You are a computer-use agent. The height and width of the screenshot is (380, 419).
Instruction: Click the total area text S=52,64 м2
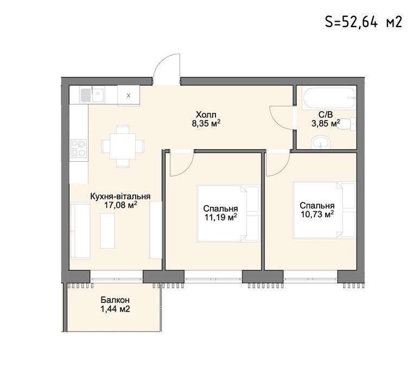pos(364,22)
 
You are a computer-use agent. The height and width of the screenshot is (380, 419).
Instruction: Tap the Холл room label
pos(206,115)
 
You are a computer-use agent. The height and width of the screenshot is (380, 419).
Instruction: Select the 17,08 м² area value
pos(120,205)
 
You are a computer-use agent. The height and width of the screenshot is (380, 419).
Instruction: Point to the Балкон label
pos(115,300)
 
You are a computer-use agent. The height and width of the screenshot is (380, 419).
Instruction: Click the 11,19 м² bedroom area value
pos(220,217)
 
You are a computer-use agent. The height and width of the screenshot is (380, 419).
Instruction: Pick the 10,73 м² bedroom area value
pos(317,214)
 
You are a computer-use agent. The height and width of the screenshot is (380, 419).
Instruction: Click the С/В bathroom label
pos(326,115)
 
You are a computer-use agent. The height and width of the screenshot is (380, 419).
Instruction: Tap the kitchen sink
pos(92,95)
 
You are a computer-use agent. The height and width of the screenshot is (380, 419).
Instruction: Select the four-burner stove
pos(79,149)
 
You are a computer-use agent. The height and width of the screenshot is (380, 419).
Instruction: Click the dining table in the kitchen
pos(123,146)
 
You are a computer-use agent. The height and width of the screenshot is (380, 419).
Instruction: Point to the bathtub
pos(329,98)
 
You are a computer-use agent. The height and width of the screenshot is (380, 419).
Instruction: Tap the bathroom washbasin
pos(321,142)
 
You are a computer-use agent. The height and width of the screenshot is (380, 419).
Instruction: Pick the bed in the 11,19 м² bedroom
pos(228,214)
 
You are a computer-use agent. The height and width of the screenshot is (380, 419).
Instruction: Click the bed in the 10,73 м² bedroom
pos(325,210)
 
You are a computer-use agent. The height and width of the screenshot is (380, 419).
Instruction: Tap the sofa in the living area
pos(80,231)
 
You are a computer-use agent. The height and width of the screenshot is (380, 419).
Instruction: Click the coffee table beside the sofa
pos(107,231)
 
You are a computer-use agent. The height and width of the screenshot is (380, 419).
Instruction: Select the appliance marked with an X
pos(129,96)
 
